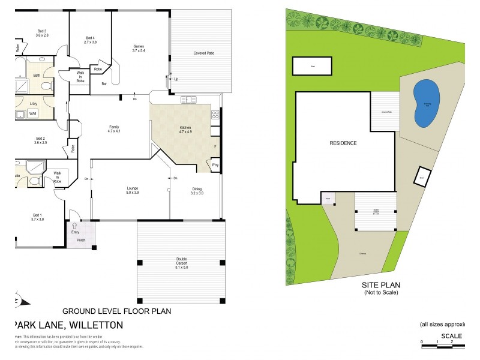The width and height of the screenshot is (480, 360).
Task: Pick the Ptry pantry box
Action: (214, 166)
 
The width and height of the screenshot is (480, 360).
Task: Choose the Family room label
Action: (114, 128)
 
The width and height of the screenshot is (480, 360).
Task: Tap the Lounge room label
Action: (132, 190)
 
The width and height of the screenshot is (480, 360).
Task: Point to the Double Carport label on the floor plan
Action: (181, 262)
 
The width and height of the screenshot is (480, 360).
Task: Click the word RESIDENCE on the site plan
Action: (343, 143)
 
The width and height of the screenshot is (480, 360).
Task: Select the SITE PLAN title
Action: (381, 286)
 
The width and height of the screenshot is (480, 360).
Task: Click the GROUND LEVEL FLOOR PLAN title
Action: (118, 311)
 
